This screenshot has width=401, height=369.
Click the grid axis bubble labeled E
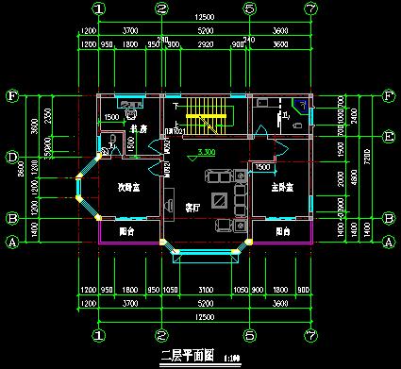[x=389, y=136]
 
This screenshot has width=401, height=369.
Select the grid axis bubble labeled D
[x=12, y=157]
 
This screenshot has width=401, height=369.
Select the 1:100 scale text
[x=231, y=358]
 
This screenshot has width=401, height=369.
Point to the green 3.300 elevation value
[x=202, y=152]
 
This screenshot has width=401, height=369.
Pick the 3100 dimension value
[x=205, y=289]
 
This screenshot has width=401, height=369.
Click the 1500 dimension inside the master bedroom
[x=262, y=166]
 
